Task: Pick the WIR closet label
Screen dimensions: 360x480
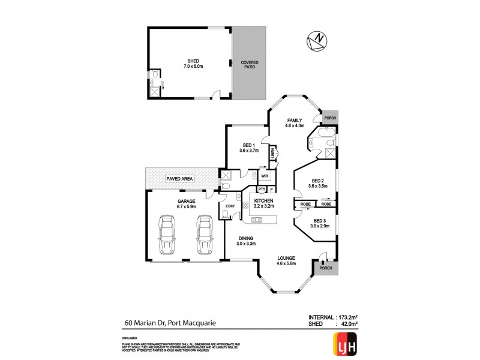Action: (264, 176)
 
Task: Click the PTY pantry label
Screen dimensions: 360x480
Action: (262, 190)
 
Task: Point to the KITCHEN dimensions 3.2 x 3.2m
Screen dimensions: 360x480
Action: (263, 206)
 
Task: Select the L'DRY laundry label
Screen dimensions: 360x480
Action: (229, 207)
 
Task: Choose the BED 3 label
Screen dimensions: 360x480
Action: (319, 221)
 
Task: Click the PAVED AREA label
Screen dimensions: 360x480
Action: (179, 177)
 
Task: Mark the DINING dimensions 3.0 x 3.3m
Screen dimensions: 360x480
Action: (245, 244)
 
